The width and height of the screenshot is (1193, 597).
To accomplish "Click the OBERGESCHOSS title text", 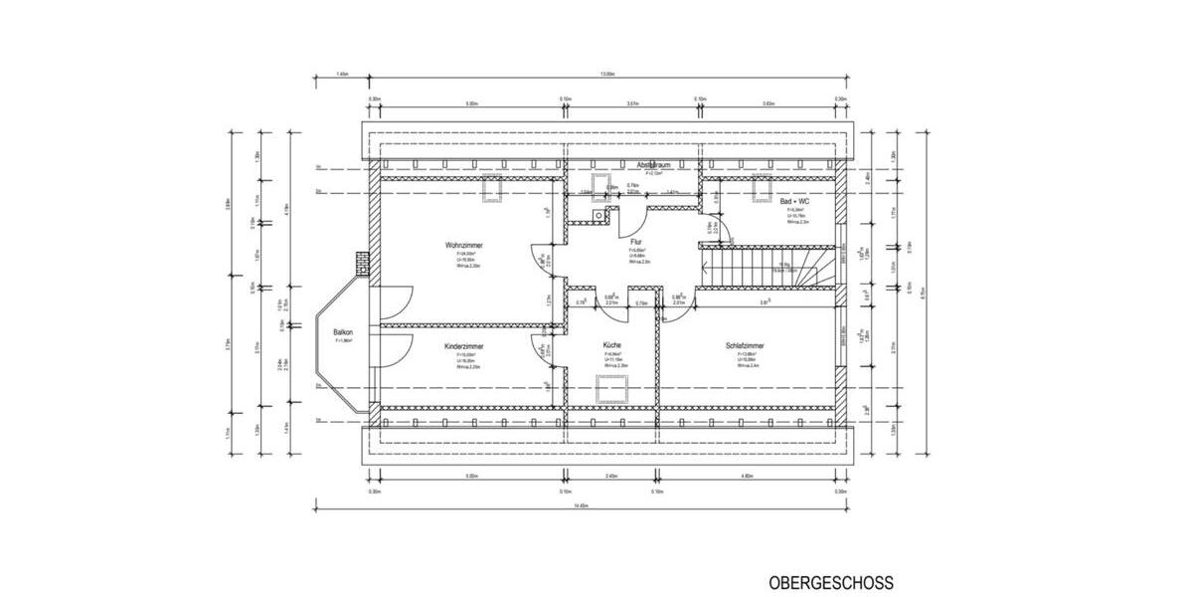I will tap(830, 582).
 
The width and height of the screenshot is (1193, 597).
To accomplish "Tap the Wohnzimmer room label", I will tap(463, 244).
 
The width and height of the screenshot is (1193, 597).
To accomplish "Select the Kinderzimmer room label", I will tap(463, 346).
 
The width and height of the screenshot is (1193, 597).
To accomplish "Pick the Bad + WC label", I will tap(794, 201).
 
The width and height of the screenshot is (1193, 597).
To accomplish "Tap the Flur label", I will tap(635, 241).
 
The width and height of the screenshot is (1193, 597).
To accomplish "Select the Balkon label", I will tap(343, 332).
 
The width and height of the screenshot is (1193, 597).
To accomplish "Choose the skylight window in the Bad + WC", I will tap(764, 186).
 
